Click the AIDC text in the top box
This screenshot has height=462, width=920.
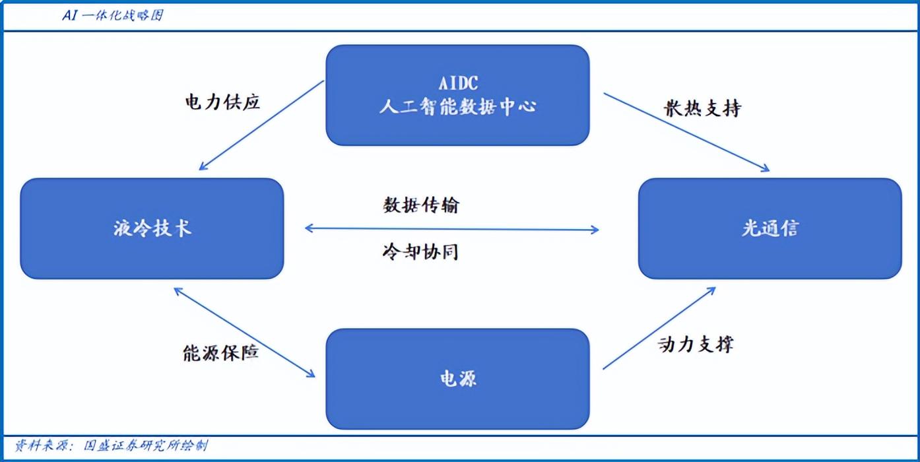(458, 83)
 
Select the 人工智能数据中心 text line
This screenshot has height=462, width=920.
(458, 107)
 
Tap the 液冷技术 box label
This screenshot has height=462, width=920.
(152, 228)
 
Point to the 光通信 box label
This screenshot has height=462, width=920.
(770, 228)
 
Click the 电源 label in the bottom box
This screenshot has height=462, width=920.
(458, 378)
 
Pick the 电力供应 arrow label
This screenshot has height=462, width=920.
(222, 102)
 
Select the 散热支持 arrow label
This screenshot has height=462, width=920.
(702, 108)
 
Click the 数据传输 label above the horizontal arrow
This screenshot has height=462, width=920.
(421, 205)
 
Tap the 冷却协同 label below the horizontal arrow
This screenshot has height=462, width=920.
(420, 251)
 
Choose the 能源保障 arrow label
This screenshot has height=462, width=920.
(220, 352)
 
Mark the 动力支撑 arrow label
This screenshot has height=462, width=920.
(696, 344)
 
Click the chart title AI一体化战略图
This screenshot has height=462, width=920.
(113, 16)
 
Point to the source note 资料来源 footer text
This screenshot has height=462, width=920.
(112, 445)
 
